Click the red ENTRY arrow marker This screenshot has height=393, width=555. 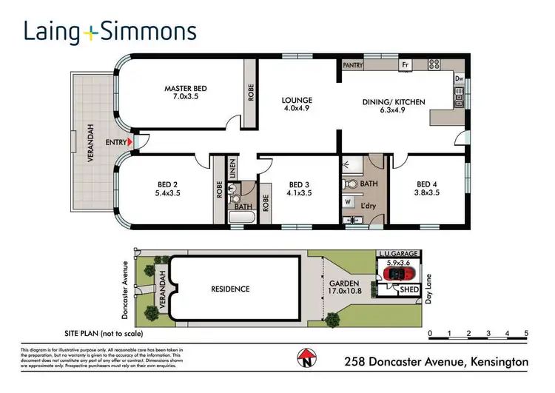click(x=130, y=141)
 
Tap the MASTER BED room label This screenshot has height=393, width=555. click(x=185, y=93)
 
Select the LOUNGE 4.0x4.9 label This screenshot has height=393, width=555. click(x=297, y=105)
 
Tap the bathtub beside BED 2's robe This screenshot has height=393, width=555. click(x=243, y=218)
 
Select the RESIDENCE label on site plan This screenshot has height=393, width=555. click(x=229, y=289)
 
